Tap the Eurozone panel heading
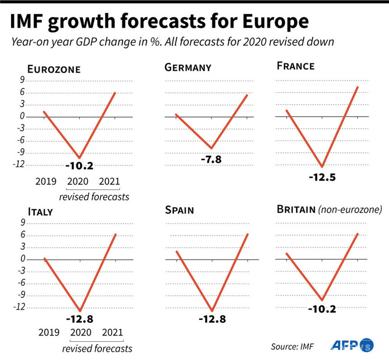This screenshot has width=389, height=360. click(53, 69)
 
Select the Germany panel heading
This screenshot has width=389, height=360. click(188, 68)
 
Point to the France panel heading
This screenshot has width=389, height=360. click(295, 66)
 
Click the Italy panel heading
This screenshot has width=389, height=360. click(40, 212)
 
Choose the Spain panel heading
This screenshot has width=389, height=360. click(181, 211)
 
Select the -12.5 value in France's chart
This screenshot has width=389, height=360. click(322, 177)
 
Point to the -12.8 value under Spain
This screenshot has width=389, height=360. click(212, 319)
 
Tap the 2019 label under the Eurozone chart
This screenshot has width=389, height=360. click(46, 182)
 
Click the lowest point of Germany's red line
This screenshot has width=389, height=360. click(211, 148)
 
